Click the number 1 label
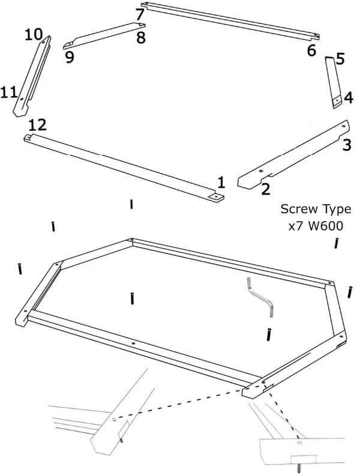(221, 182)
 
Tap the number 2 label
(265, 189)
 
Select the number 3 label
(347, 144)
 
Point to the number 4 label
(348, 97)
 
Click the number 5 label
(340, 59)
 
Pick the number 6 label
(311, 50)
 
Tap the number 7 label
(140, 14)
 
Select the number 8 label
(140, 38)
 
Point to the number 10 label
(34, 34)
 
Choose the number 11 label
(9, 92)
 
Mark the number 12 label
(37, 124)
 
